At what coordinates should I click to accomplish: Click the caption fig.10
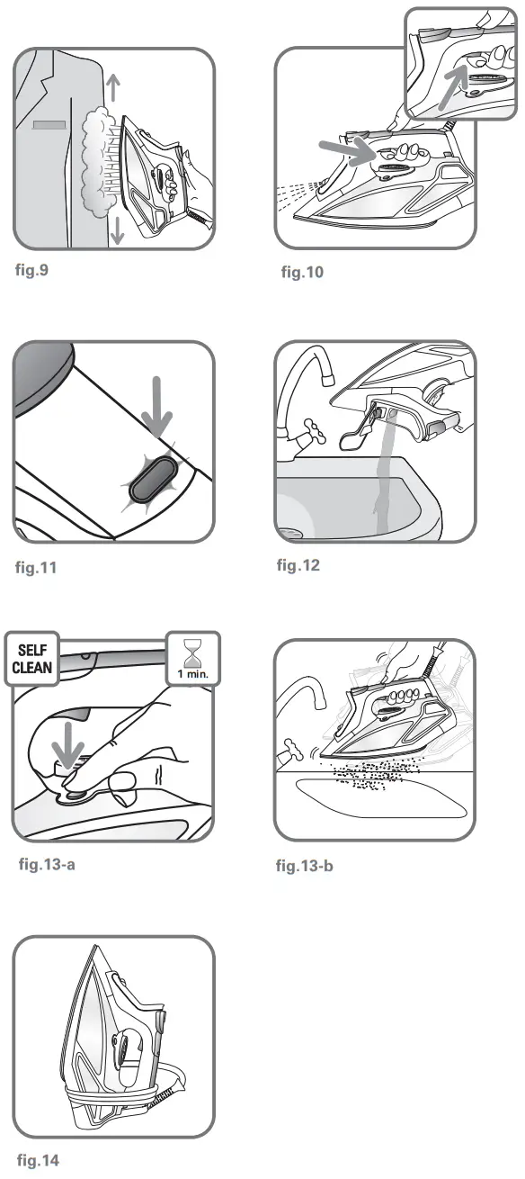[x=302, y=273]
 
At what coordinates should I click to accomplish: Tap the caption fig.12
[x=298, y=565]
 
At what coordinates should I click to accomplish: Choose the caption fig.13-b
[x=310, y=867]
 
